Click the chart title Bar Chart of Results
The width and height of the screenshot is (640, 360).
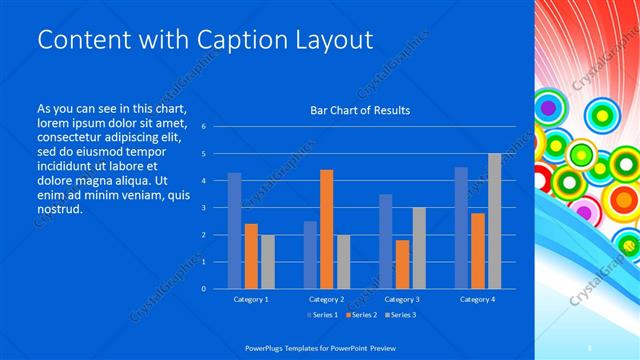[359, 110]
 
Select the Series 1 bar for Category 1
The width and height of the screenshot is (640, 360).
[234, 231]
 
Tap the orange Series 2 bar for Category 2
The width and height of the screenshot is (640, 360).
[326, 229]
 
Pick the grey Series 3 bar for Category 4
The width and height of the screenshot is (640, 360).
[494, 221]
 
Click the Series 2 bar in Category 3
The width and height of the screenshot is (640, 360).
[402, 264]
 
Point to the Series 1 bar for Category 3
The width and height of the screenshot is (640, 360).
[386, 241]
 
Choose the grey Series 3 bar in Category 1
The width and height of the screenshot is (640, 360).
[267, 261]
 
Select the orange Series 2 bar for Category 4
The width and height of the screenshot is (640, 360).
[478, 251]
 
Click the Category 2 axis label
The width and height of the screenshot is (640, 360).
[326, 299]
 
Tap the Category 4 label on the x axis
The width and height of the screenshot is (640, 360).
[478, 299]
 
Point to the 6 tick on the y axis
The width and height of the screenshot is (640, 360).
[203, 127]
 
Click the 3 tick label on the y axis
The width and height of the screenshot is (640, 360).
[203, 208]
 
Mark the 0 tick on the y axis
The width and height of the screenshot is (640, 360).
[203, 289]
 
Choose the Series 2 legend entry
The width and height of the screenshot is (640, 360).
[361, 316]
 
